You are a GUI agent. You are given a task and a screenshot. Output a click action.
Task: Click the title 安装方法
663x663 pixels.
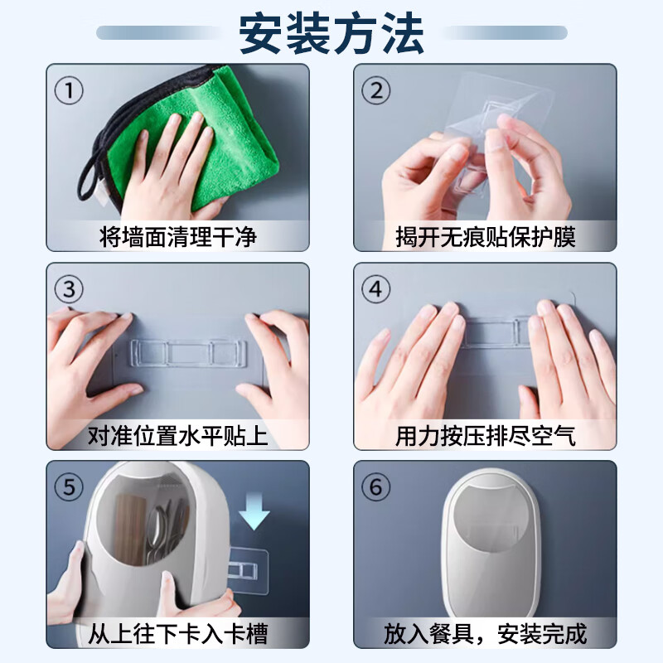click(x=331, y=33)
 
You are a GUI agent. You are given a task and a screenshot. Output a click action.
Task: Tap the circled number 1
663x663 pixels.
click(x=69, y=90)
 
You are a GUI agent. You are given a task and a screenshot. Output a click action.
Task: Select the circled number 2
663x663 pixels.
click(x=376, y=90)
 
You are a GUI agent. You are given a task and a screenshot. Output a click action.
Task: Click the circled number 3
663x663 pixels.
click(x=69, y=289)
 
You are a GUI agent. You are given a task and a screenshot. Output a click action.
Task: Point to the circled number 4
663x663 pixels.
click(x=376, y=289)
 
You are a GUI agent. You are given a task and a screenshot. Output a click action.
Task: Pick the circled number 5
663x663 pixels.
click(x=69, y=486)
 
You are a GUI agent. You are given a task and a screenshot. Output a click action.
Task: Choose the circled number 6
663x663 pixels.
click(x=376, y=486)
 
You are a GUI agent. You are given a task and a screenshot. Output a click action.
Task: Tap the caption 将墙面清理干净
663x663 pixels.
click(x=177, y=238)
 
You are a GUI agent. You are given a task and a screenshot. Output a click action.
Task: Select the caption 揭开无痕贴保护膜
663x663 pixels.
click(x=485, y=238)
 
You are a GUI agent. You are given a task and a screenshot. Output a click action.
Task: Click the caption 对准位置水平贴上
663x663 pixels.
click(x=177, y=435)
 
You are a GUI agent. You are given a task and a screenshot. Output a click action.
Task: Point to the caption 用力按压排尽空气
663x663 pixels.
click(x=485, y=435)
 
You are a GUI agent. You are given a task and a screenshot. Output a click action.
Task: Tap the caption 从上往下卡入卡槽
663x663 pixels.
click(x=177, y=634)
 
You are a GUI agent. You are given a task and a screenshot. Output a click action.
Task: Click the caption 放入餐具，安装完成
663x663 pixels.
click(x=485, y=634)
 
